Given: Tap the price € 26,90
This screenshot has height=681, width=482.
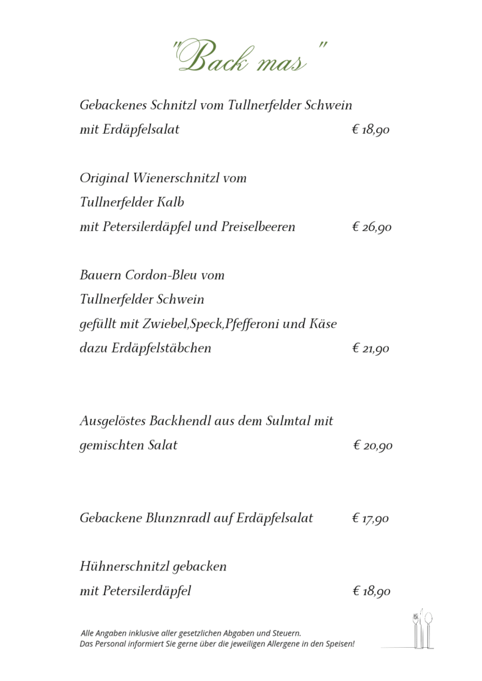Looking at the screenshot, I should point(371,227).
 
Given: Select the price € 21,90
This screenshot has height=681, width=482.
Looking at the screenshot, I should point(371,348).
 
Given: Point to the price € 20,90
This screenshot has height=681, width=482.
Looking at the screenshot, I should point(372,446).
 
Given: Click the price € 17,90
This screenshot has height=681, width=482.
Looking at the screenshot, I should point(371,518).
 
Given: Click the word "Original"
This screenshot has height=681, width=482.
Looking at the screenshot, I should point(105,178).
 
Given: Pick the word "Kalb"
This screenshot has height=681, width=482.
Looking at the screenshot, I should point(170,202).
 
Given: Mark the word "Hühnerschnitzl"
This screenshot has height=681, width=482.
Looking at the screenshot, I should point(124,567).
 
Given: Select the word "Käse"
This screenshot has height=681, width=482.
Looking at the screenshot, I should point(324,324).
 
